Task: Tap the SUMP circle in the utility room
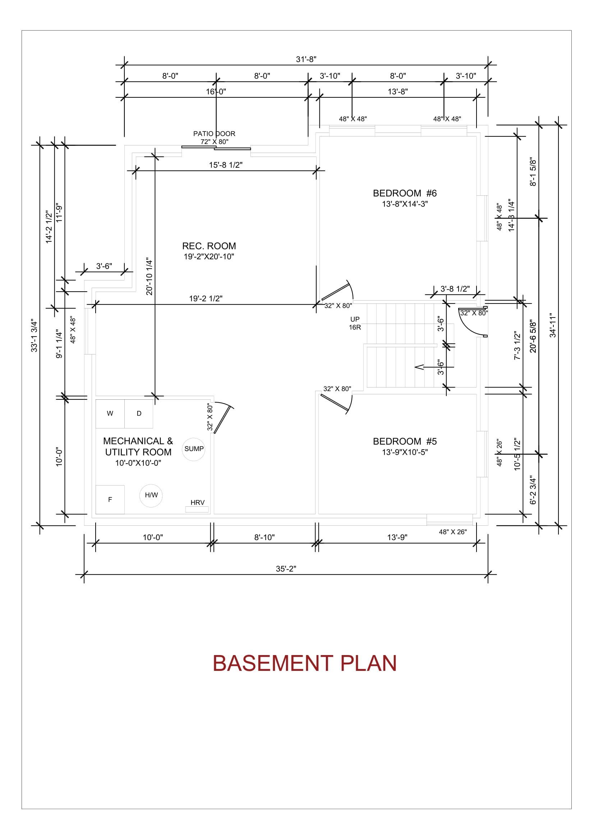coord(194,449)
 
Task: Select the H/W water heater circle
coord(151,495)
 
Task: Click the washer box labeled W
coord(110,414)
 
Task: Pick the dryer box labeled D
coord(139,414)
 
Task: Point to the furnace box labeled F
coord(110,500)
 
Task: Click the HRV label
coord(197,503)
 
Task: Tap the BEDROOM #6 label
coord(405,193)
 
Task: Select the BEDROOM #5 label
coord(405,441)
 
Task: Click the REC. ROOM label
coord(209,246)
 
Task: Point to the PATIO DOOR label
coord(214,134)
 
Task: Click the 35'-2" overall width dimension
coord(286,568)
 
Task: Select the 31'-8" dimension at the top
coord(306,59)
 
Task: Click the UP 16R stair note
coord(355,323)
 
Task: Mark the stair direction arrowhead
coord(419,367)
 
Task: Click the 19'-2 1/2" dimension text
coord(206,298)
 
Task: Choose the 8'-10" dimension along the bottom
coord(264,537)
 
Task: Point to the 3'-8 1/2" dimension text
coord(455,289)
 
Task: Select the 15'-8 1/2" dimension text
coord(226,165)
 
